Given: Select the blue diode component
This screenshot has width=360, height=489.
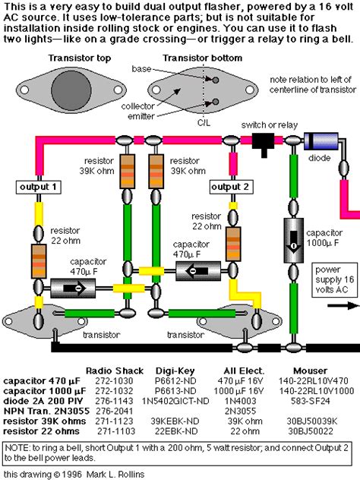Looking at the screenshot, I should click(x=321, y=140).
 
